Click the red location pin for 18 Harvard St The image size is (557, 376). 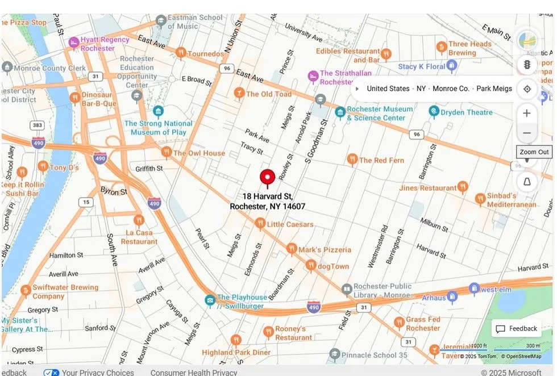pyautogui.click(x=267, y=178)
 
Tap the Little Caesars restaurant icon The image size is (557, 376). pyautogui.click(x=260, y=224)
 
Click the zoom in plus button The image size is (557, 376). pyautogui.click(x=527, y=113)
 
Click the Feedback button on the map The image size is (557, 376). pyautogui.click(x=517, y=328)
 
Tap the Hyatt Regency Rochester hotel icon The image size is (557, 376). pyautogui.click(x=73, y=42)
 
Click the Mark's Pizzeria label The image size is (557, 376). pyautogui.click(x=325, y=249)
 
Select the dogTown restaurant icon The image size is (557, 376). pyautogui.click(x=310, y=265)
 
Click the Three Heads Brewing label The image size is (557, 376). pyautogui.click(x=469, y=48)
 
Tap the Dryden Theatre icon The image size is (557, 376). pyautogui.click(x=434, y=111)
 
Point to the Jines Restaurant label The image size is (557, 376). pyautogui.click(x=427, y=187)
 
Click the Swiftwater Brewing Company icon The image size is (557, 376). pyautogui.click(x=25, y=291)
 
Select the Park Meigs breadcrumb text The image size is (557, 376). pyautogui.click(x=494, y=89)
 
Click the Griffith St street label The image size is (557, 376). pyautogui.click(x=149, y=169)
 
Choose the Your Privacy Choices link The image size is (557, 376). pyautogui.click(x=97, y=373)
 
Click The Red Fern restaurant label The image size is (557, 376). pyautogui.click(x=381, y=160)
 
